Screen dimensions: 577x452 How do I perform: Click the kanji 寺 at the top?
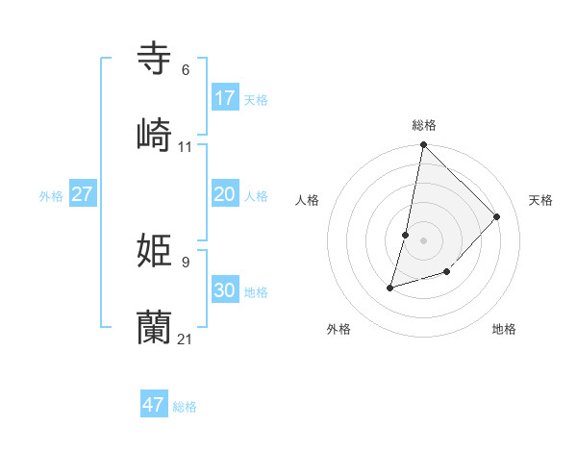point(154,58)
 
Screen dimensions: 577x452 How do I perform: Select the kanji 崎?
point(154,135)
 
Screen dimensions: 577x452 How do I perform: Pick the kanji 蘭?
point(154,327)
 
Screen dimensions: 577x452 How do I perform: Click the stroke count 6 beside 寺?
point(186,69)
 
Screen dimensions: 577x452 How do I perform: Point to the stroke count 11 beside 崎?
point(186,146)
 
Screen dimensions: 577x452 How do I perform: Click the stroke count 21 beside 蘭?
point(186,339)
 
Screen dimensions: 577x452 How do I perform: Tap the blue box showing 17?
point(225,98)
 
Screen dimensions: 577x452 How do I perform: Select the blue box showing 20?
point(225,194)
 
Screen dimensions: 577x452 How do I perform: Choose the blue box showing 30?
point(225,290)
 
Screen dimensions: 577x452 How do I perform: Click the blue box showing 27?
point(82,194)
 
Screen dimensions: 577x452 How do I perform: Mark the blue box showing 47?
point(154,404)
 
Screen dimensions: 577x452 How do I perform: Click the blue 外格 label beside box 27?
point(51,196)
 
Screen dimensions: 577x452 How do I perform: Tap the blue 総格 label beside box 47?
point(185,407)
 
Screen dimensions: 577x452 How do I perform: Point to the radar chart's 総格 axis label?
point(424,125)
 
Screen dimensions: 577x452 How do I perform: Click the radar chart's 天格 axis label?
point(541,200)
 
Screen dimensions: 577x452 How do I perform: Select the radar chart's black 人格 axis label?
point(308,200)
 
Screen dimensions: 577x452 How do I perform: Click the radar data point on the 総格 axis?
point(424,146)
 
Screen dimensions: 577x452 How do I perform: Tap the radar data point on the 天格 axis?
point(497,216)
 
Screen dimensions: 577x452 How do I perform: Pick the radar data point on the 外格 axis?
point(390,287)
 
